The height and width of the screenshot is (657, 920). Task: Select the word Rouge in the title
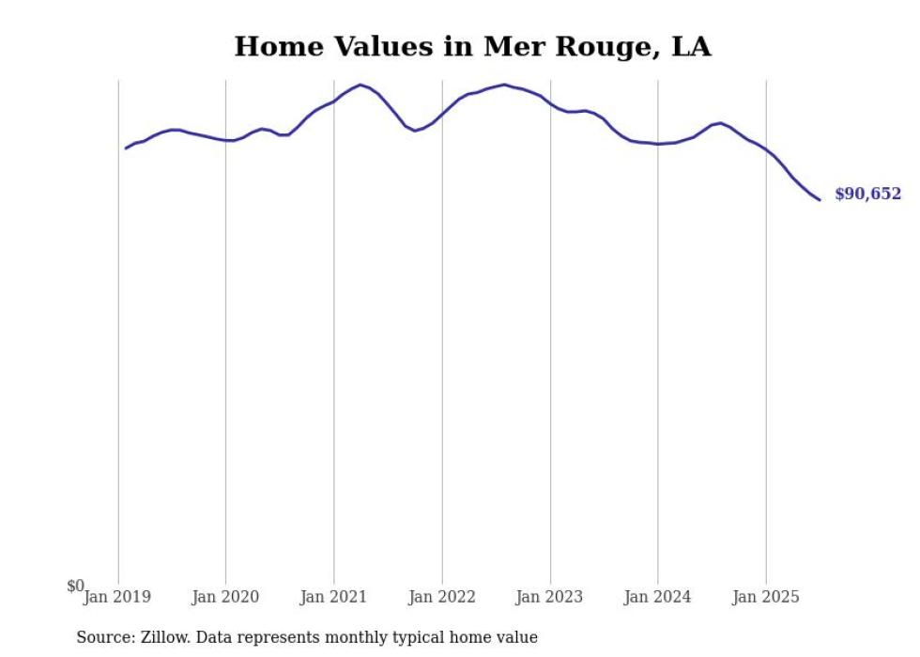tap(590, 47)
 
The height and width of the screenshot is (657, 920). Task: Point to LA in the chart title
tap(692, 46)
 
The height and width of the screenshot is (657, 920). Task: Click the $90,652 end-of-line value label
tap(867, 195)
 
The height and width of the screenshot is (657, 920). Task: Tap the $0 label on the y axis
tap(75, 586)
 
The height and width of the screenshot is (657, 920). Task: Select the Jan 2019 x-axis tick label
tap(117, 597)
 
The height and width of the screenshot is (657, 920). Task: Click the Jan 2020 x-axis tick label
tap(225, 597)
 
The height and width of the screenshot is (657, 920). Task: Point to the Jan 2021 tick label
tap(333, 597)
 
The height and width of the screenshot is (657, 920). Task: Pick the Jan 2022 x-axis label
tap(442, 597)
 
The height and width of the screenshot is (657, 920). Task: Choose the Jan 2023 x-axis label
tap(550, 597)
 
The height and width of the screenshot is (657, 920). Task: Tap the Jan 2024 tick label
tap(658, 597)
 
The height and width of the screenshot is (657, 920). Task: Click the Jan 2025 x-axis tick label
tap(766, 597)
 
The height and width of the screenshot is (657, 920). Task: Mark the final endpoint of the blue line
tap(820, 199)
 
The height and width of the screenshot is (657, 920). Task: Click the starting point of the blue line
tap(126, 149)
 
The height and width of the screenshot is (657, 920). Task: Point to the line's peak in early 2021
tap(361, 85)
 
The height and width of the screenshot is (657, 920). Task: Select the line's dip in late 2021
tap(415, 131)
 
